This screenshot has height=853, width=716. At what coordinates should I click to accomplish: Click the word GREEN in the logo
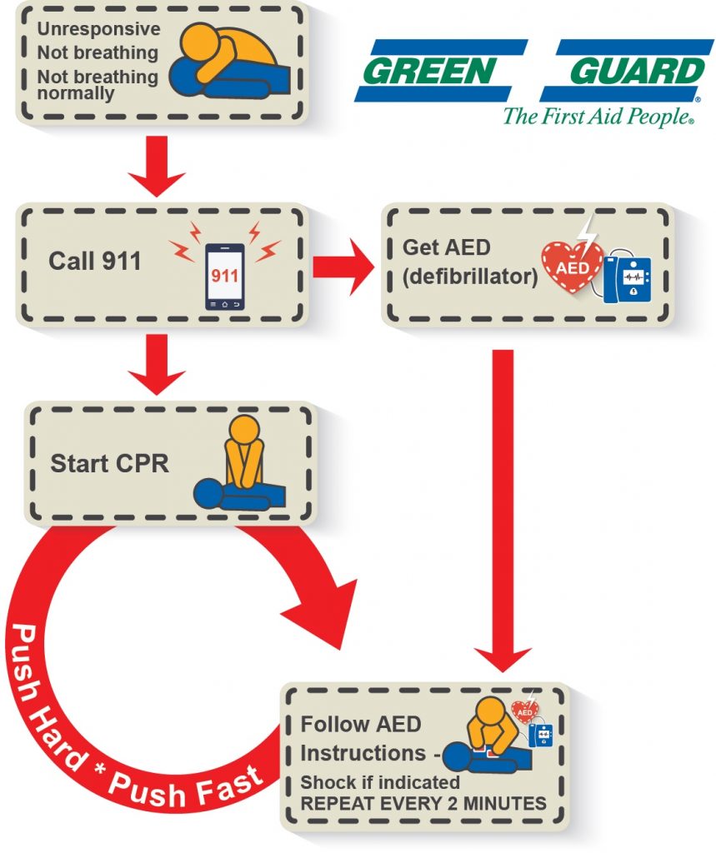tap(433, 72)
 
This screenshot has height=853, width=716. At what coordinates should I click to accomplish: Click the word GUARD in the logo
tap(633, 72)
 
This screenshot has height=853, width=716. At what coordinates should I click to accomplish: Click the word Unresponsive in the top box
tap(98, 29)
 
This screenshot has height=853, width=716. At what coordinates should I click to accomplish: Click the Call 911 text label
tap(94, 261)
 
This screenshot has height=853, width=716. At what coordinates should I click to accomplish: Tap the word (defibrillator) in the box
tap(469, 276)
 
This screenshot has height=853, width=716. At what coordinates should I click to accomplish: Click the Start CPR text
tap(109, 463)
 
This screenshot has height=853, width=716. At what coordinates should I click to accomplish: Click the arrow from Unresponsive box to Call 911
tap(158, 163)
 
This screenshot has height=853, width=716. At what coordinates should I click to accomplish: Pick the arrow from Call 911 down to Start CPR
tap(158, 362)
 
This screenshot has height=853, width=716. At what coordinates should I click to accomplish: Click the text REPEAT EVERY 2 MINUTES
tap(423, 804)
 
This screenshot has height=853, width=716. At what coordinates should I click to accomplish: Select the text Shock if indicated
tap(379, 782)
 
